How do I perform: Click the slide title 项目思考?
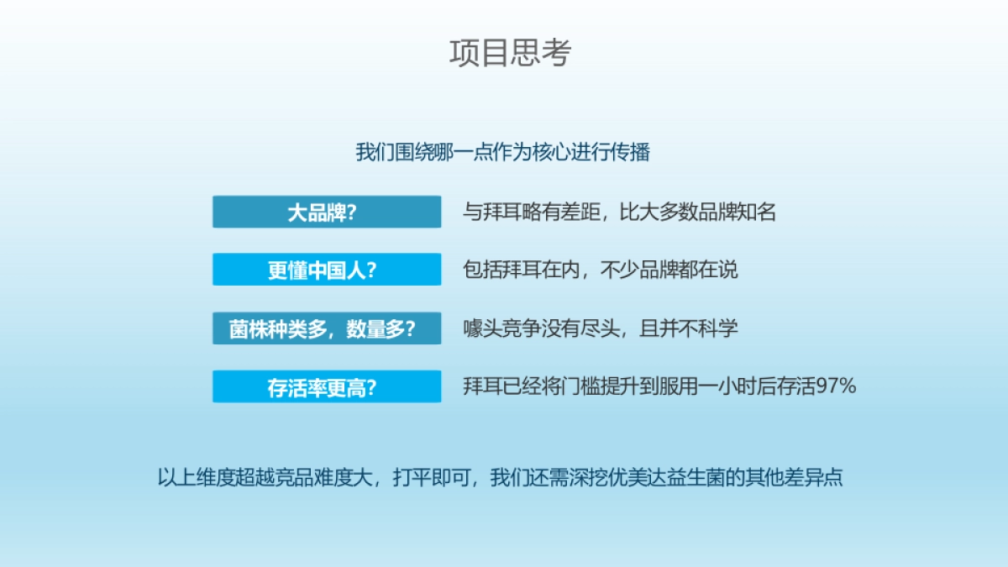[x=510, y=52]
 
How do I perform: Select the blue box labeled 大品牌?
[x=326, y=212]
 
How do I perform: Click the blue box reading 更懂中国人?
[x=326, y=270]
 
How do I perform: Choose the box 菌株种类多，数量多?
[x=326, y=328]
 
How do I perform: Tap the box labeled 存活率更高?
[x=326, y=386]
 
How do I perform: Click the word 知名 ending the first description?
[x=756, y=212]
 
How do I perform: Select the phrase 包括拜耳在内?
[x=522, y=270]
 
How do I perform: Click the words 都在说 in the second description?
[x=709, y=270]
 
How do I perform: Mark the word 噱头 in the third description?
[x=482, y=328]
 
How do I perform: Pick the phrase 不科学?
[x=709, y=328]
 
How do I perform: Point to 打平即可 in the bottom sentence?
[x=431, y=477]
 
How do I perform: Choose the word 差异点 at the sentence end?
[x=813, y=477]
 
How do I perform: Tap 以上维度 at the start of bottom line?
[x=197, y=477]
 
